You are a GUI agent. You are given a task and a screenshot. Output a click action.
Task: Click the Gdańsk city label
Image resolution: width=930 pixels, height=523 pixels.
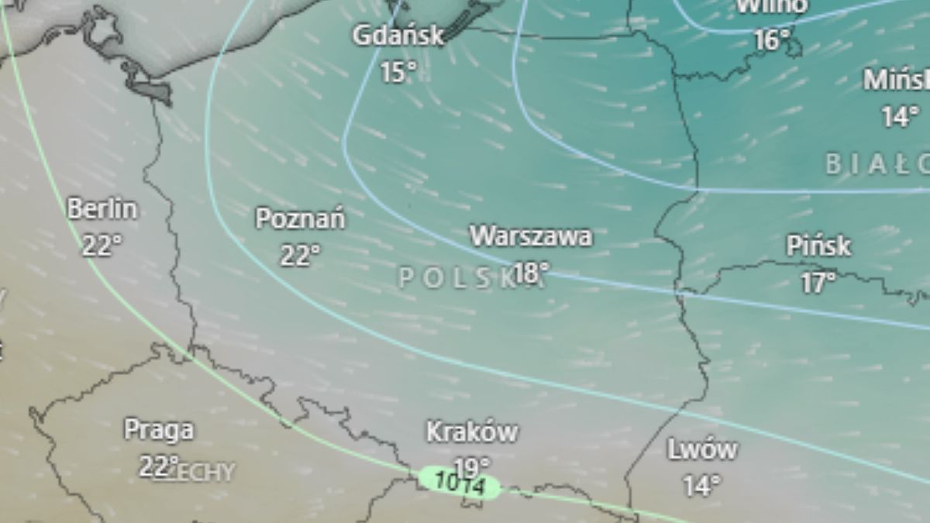[x=398, y=36]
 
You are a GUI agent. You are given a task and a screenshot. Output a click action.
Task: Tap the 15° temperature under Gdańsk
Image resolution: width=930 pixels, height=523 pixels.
[x=398, y=73]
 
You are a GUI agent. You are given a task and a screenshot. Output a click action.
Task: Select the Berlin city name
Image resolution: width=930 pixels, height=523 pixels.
[x=102, y=209]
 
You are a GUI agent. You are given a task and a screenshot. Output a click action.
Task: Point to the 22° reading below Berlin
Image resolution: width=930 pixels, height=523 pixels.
[x=102, y=246]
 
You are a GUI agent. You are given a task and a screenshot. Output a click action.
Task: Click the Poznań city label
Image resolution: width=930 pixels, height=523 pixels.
[x=300, y=219]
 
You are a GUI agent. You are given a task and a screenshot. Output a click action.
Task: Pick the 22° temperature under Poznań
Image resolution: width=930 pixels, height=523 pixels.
[x=300, y=256]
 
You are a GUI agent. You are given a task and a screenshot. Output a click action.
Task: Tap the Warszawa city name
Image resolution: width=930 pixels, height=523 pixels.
[x=531, y=236]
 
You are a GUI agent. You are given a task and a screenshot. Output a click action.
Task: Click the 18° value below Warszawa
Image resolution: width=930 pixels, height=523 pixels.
[x=531, y=273]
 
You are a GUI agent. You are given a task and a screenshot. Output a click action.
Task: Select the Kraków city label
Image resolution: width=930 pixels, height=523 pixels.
[x=472, y=432]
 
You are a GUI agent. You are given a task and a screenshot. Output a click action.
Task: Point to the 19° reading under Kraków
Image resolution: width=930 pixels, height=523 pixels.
[x=472, y=467]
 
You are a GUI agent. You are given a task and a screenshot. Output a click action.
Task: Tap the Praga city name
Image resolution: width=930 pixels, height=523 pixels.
[x=159, y=430]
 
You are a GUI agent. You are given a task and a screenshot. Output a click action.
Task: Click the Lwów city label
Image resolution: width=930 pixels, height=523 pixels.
[x=702, y=449]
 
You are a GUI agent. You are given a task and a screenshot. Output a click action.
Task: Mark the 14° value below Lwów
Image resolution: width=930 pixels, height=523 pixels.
[x=702, y=487]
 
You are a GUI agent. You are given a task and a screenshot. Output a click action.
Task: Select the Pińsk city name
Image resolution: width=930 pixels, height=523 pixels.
[x=818, y=246]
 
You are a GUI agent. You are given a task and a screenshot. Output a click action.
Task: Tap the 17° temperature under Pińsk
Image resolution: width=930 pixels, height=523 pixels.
[x=818, y=284]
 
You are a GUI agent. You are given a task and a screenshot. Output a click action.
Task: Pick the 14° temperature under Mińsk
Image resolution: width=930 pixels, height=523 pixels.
[x=899, y=117]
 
